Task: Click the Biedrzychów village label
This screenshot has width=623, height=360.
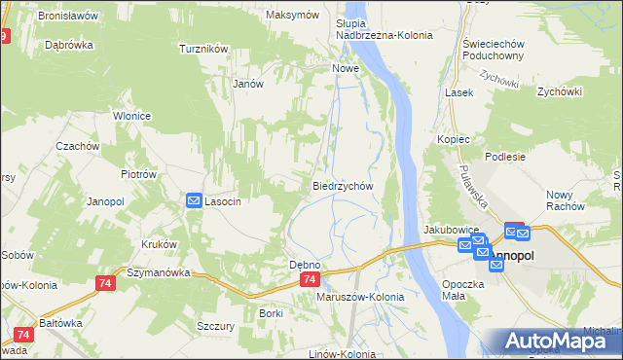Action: point(343,185)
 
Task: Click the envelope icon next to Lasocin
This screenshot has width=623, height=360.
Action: point(194,200)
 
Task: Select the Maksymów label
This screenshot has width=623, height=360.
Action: point(292,16)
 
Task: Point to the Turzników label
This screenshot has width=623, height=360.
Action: point(203,48)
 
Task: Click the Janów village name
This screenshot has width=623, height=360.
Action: point(249,84)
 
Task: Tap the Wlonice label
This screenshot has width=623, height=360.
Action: point(131,116)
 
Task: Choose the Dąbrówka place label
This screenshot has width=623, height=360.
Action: point(68,45)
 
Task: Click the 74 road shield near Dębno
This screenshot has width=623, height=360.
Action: point(308,279)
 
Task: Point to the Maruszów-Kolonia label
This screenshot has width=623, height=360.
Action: point(360,297)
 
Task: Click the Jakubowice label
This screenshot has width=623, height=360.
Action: point(447,230)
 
